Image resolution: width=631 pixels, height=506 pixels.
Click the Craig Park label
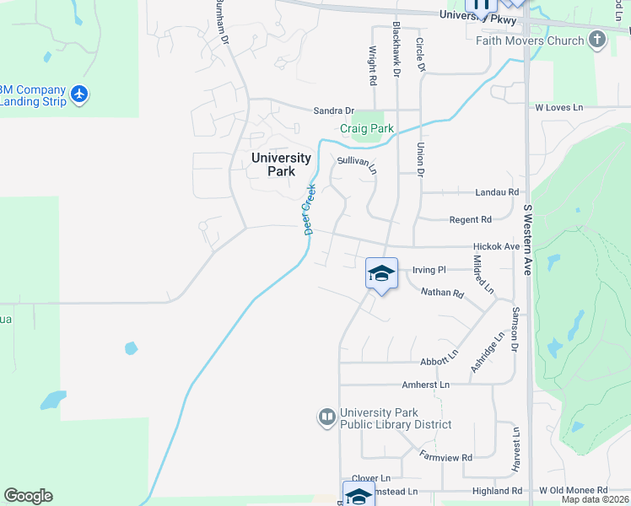tap(367, 129)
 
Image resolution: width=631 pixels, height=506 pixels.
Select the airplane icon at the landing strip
tap(79, 94)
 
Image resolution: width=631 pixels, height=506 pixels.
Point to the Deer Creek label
tap(309, 210)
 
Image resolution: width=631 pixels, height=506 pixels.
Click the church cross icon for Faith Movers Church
tap(597, 40)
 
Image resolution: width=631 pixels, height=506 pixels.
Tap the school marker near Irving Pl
tap(381, 273)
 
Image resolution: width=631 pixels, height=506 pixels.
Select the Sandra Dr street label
tap(333, 110)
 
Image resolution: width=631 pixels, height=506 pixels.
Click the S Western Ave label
tap(529, 240)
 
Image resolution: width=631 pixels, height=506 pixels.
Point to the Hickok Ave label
tap(496, 246)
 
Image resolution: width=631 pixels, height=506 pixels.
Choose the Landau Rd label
tap(495, 192)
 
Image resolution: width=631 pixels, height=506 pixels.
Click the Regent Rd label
tap(470, 219)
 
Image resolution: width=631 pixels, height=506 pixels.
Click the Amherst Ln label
tap(426, 384)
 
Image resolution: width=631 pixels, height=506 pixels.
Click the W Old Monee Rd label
tap(573, 490)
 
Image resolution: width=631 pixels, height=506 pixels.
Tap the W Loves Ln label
tap(558, 108)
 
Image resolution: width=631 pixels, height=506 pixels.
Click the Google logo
tap(28, 496)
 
